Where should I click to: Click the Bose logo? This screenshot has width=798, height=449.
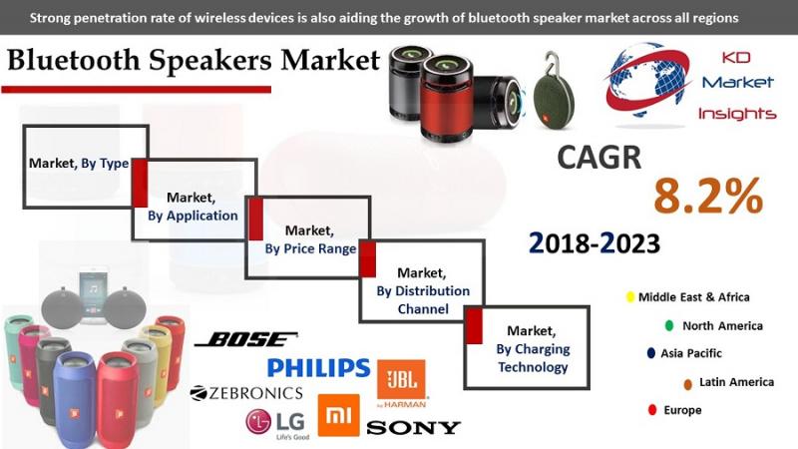[246, 339]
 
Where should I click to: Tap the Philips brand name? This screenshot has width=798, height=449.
[318, 368]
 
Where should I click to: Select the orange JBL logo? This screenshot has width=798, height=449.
[402, 383]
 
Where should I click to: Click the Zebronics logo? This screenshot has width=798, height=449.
[246, 393]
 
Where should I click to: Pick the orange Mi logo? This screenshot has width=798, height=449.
[338, 415]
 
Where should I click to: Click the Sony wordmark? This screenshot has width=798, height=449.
[413, 428]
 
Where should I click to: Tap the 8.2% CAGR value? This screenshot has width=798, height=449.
[708, 196]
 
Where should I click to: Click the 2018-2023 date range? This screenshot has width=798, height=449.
[595, 243]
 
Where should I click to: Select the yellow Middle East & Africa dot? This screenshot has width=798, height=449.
[630, 296]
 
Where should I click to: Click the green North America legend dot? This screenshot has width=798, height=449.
[669, 325]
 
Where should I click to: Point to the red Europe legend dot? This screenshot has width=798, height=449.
[652, 410]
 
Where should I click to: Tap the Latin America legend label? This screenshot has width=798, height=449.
[736, 382]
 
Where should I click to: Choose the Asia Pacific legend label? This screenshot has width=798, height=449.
[691, 353]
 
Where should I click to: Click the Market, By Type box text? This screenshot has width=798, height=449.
[79, 164]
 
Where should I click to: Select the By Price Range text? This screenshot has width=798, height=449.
[310, 248]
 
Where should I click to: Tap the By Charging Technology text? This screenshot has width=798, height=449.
[533, 358]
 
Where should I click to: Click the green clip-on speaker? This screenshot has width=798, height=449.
[554, 97]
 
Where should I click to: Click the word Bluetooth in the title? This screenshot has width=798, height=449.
[74, 60]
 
